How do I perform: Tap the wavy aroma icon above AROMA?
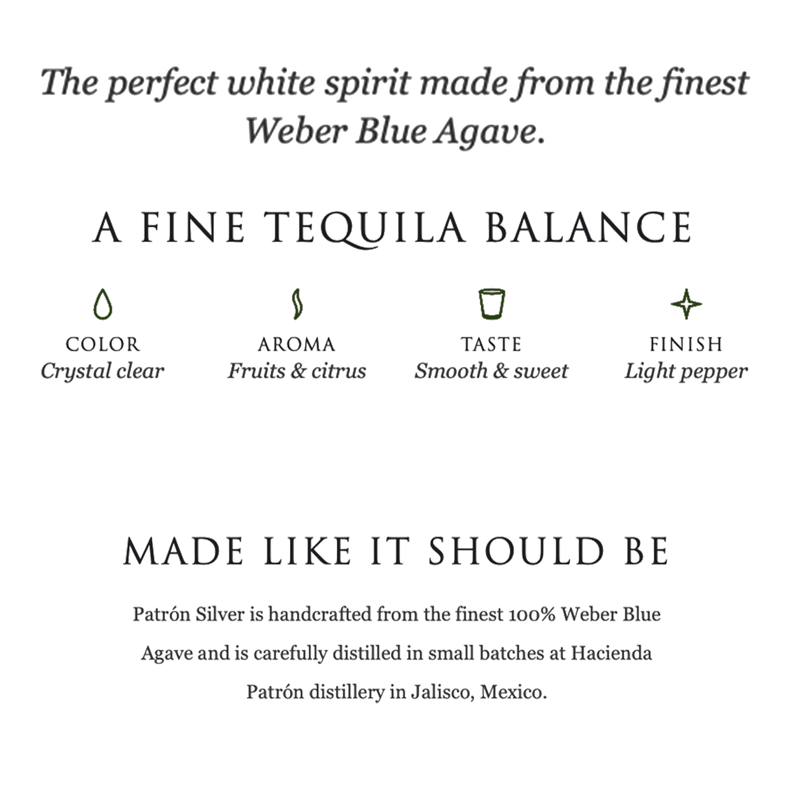[297, 304]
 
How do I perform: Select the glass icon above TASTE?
[492, 304]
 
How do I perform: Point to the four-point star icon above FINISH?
[686, 304]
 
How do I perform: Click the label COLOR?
[103, 344]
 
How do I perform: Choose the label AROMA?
[297, 344]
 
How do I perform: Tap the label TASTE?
[491, 344]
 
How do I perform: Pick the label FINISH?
[686, 344]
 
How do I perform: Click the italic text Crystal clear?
[102, 371]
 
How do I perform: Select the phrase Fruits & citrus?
[297, 371]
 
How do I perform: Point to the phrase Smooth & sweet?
[491, 371]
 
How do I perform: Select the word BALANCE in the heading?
[589, 227]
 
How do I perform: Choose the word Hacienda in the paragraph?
[611, 653]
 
